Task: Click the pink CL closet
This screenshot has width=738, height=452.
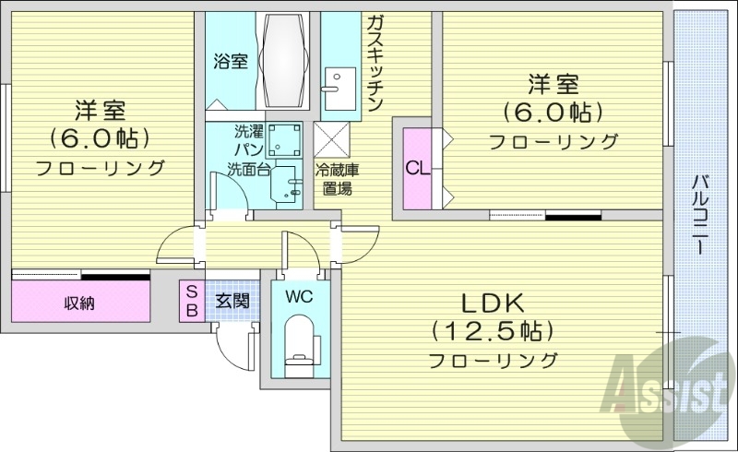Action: click(418, 169)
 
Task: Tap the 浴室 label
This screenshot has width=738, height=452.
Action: click(231, 62)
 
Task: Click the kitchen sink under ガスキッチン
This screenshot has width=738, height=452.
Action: click(333, 84)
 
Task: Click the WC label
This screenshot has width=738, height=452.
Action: click(298, 296)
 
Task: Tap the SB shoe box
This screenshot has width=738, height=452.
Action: click(191, 301)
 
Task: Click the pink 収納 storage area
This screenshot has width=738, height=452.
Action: click(80, 302)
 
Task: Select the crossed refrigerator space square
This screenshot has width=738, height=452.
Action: click(332, 139)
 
